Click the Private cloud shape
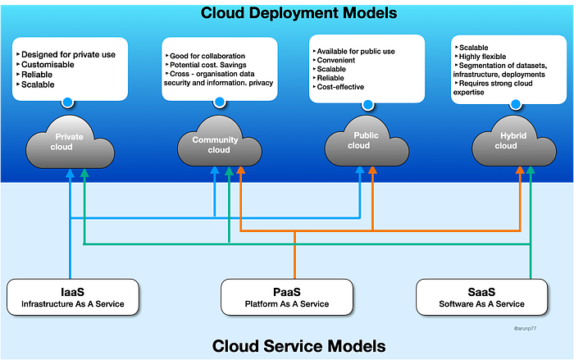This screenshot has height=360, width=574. pos(70,143)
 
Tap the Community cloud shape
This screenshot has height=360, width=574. pos(219,143)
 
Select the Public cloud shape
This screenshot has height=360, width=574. pos(367,142)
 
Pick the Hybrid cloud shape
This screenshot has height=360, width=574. pos(514,142)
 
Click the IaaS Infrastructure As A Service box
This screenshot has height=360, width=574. pos(73,297)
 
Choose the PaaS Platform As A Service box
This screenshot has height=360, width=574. pos(287,297)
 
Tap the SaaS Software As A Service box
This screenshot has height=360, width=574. pos(482,297)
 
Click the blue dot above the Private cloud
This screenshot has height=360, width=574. pos(67,103)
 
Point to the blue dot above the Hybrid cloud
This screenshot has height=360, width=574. pos(516,105)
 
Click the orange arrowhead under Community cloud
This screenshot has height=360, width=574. pos(240,171)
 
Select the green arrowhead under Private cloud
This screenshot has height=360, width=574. pos(84,173)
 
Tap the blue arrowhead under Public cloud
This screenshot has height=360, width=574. pos(360,171)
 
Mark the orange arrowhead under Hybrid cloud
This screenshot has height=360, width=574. pos(520,171)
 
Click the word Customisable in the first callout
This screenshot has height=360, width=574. pos(48,65)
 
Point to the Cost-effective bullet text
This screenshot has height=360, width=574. pos(340,87)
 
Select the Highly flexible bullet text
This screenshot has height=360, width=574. pos(482,57)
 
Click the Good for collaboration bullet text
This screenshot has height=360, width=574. pos(207,56)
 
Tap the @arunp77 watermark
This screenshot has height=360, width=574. pos(525,329)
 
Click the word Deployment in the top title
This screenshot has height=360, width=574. pos(294,14)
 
